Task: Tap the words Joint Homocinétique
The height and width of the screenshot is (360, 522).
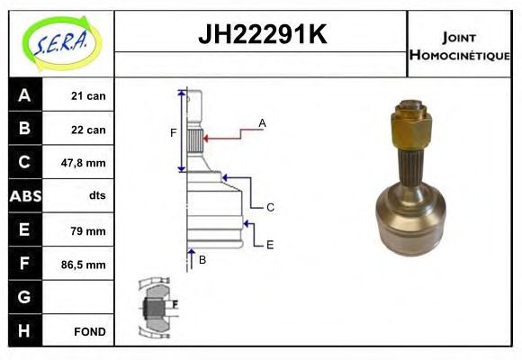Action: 459,45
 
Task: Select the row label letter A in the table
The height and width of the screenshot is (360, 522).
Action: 24,95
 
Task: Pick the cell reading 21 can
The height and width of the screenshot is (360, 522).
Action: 87,95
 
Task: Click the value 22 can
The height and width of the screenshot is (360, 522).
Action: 87,130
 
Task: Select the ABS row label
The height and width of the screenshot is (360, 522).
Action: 24,196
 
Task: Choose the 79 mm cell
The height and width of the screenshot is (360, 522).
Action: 87,230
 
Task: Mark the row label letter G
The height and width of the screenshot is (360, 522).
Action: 24,297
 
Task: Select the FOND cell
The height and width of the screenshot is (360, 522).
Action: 90,331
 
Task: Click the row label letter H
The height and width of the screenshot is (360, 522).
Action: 24,331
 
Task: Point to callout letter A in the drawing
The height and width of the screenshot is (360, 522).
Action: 262,122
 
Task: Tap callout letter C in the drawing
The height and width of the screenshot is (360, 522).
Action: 269,207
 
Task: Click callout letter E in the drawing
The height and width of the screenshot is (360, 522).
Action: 269,244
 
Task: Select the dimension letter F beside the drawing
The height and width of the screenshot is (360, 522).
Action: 174,134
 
